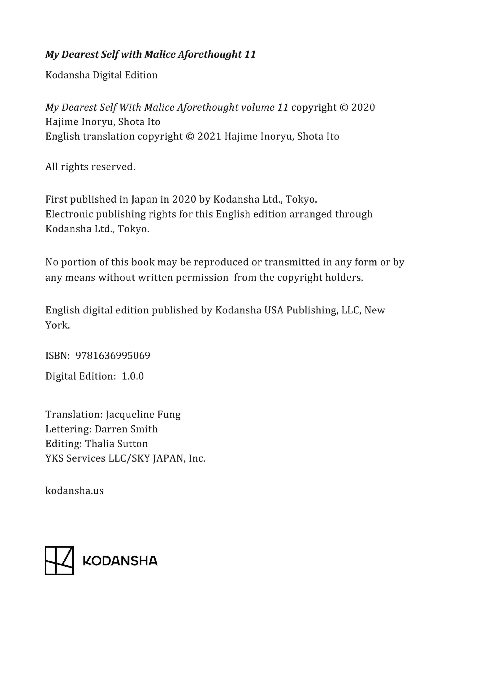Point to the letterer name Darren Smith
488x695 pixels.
(126, 429)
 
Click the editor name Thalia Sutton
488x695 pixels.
(117, 444)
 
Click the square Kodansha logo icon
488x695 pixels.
(59, 561)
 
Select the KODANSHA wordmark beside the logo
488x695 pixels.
(120, 561)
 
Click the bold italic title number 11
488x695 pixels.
(250, 55)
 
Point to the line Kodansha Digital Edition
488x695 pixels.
(101, 75)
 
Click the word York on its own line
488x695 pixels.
(58, 325)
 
